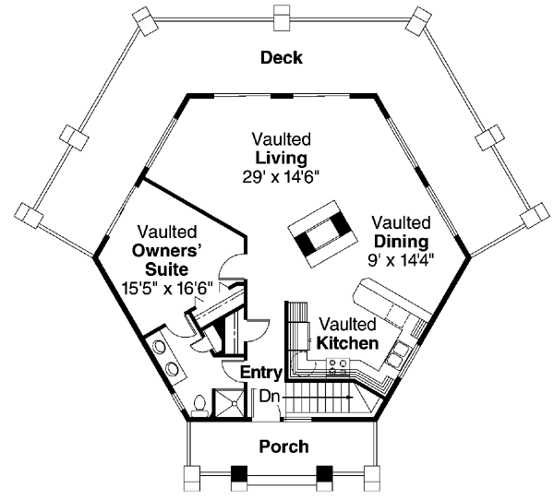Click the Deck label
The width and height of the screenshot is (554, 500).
(282, 58)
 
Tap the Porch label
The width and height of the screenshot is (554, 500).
(284, 446)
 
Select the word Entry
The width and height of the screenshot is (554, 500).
(261, 373)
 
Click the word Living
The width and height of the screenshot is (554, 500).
(282, 158)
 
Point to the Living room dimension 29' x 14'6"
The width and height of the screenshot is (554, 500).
(282, 177)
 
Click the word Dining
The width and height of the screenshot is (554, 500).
(401, 242)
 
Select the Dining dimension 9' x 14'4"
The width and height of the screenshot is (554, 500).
(401, 261)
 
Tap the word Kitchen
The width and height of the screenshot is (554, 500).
(347, 343)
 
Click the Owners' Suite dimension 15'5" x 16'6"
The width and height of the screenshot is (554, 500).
(167, 288)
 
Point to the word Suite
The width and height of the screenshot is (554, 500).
(167, 269)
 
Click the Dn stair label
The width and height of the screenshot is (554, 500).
(270, 397)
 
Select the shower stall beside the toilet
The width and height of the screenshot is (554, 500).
(227, 403)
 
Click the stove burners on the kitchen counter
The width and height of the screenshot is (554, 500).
(338, 367)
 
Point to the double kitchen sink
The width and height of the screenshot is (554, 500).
(398, 355)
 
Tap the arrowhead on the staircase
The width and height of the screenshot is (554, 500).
(350, 398)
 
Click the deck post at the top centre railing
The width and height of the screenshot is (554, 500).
(282, 18)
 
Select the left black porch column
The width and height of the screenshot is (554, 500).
(239, 474)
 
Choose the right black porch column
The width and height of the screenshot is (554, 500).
(324, 474)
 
